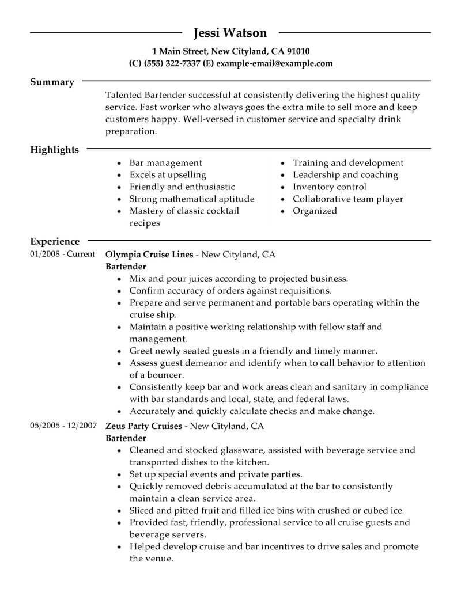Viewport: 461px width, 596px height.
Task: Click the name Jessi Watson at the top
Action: [x=230, y=32]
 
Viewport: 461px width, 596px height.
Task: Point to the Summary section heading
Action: [x=52, y=82]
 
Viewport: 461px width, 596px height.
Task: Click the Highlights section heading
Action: [x=54, y=150]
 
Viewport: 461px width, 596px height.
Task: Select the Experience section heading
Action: [x=55, y=242]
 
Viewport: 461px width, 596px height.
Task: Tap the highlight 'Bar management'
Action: [x=165, y=163]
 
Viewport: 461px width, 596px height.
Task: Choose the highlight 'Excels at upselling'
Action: [x=167, y=175]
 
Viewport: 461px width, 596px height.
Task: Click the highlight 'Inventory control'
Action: [x=329, y=187]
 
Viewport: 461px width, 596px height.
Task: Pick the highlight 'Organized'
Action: [x=315, y=211]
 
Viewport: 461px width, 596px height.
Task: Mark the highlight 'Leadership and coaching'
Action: [x=345, y=175]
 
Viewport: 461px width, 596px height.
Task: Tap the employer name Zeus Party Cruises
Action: [x=143, y=427]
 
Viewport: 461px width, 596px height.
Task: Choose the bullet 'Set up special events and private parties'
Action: [x=216, y=475]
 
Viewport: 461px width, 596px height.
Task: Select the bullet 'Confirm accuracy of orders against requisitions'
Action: [x=230, y=290]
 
